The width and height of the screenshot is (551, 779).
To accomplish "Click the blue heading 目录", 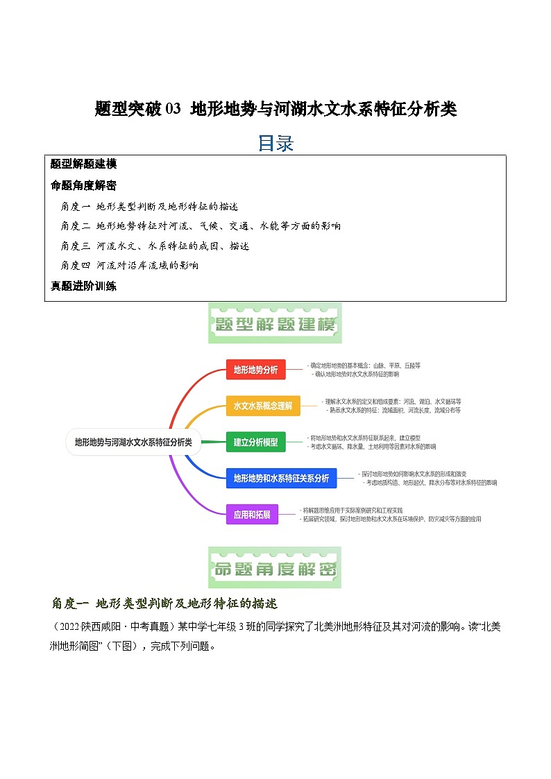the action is (x=275, y=143).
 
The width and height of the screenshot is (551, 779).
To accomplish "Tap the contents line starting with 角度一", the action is (x=149, y=206).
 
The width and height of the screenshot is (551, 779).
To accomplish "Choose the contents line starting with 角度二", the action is (x=201, y=226).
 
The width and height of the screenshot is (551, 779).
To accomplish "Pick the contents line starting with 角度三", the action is (x=155, y=246).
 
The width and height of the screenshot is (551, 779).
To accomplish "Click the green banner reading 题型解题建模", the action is (x=275, y=324).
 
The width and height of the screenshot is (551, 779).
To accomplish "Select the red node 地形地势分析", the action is (x=255, y=370).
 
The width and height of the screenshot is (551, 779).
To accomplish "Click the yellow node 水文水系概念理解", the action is (x=263, y=406).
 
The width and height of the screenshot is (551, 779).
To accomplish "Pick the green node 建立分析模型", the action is (x=255, y=442).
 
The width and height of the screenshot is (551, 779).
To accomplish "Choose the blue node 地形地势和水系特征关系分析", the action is (x=281, y=478).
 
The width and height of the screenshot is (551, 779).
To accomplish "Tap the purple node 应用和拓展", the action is (x=252, y=515).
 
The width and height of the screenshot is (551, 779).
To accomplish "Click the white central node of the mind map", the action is (x=133, y=441).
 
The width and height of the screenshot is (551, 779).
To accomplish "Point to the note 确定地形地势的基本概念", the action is (x=365, y=365).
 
